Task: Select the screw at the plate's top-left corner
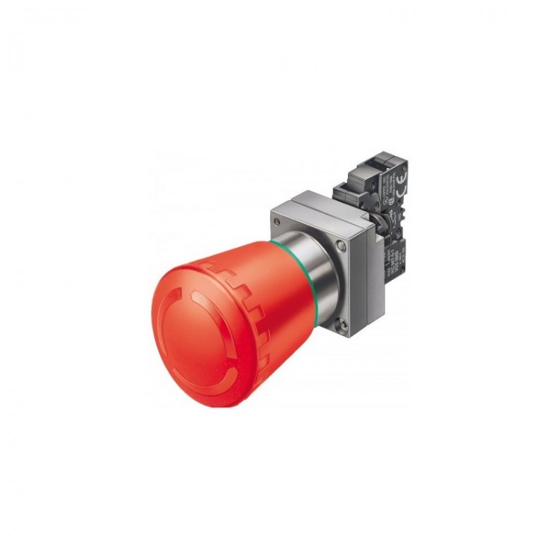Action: click(x=278, y=223)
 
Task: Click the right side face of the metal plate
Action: click(x=358, y=276)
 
